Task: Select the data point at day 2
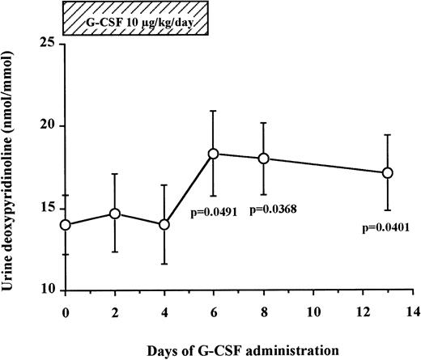(115, 214)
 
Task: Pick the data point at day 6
(214, 154)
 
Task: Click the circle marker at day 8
(263, 159)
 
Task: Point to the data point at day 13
(387, 172)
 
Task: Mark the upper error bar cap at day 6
(214, 111)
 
